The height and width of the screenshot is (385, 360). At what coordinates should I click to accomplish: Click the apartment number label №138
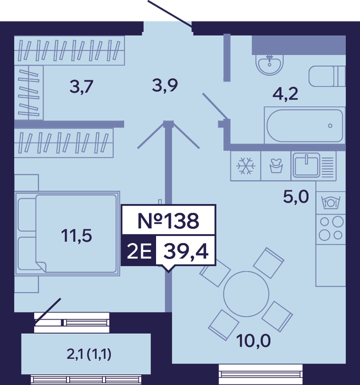(168, 221)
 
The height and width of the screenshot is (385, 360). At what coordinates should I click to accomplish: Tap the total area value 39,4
(186, 251)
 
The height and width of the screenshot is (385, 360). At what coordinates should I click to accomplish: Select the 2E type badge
(139, 251)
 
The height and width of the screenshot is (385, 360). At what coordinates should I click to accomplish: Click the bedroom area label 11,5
(76, 235)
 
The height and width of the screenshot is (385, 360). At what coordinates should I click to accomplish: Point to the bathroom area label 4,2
(285, 94)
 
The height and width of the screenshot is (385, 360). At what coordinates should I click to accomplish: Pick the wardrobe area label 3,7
(81, 87)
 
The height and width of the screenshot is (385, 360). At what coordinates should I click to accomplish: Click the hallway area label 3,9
(165, 85)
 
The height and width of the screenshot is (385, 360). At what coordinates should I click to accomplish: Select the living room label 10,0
(253, 341)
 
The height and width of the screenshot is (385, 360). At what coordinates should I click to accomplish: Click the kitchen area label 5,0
(296, 197)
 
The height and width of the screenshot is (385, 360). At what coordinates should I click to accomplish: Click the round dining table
(246, 294)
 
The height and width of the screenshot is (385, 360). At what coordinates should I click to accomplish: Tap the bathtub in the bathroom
(304, 125)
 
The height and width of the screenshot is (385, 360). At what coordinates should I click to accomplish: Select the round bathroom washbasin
(269, 64)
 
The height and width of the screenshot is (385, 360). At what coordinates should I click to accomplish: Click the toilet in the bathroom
(327, 76)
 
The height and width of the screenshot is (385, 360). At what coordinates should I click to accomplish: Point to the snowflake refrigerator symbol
(246, 166)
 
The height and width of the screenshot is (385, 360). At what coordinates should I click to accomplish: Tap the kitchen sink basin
(307, 165)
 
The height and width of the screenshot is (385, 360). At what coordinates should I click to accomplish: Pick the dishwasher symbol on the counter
(330, 202)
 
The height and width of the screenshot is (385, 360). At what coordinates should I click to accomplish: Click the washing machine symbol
(276, 166)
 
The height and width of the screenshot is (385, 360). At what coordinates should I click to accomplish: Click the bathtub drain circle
(330, 126)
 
